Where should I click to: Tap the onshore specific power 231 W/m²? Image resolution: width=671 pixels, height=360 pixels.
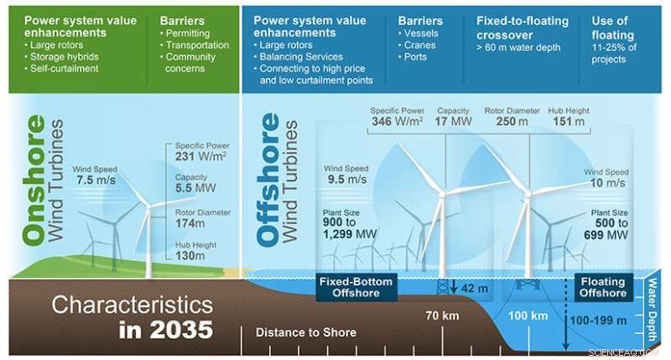(202, 157)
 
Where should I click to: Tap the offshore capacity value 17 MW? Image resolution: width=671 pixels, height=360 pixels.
(452, 122)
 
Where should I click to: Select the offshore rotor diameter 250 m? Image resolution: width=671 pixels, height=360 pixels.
(511, 122)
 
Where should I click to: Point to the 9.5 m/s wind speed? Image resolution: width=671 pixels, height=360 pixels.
(346, 179)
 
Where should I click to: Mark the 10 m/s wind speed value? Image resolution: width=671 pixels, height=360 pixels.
(608, 182)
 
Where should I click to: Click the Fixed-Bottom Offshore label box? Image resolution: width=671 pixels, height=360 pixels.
(355, 287)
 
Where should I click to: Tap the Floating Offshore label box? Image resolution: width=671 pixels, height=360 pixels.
(601, 288)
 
